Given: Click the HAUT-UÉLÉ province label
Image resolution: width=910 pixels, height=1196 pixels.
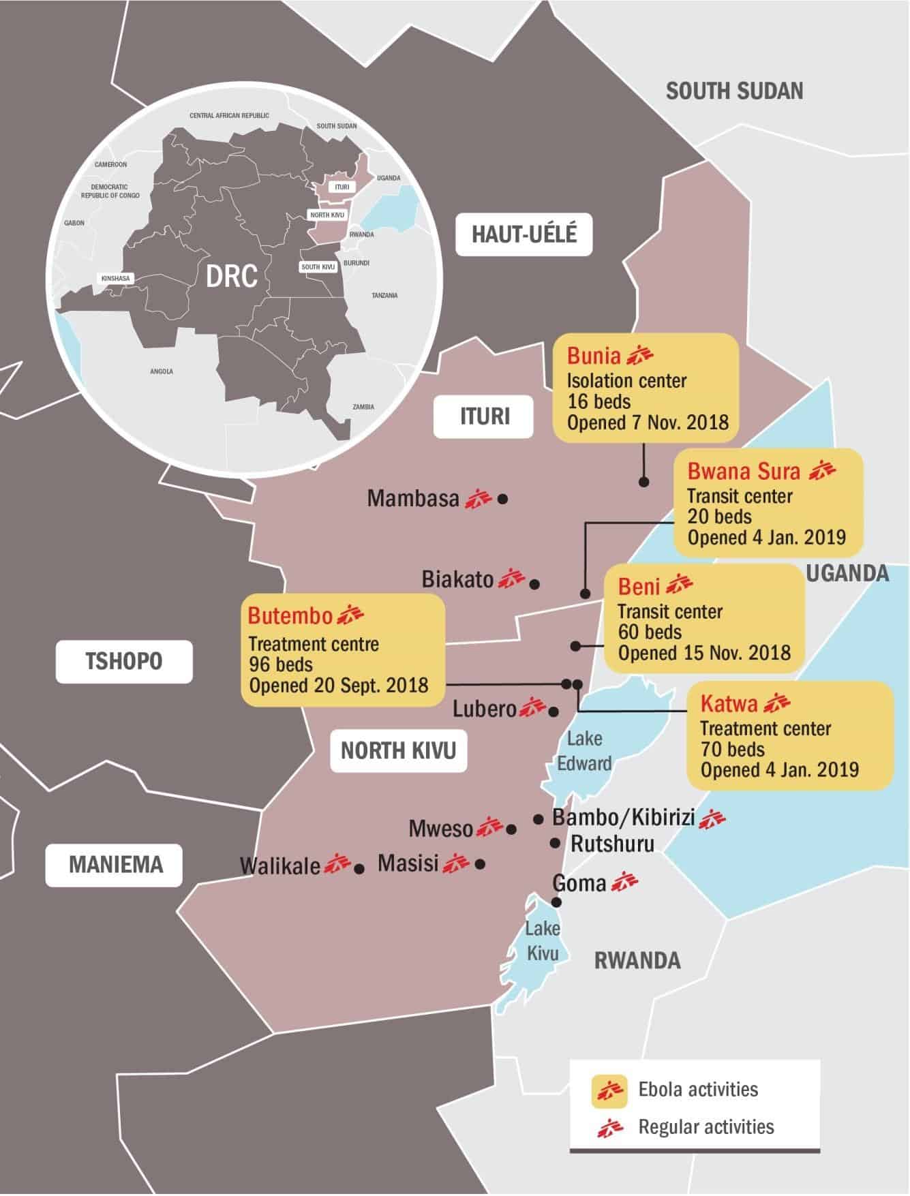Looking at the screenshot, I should click(x=524, y=234).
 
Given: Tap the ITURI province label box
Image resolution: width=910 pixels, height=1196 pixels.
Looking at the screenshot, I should click(x=485, y=416).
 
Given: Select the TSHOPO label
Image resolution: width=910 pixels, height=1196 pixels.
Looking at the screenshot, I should click(x=124, y=660).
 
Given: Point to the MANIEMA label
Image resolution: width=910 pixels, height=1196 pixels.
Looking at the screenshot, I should click(x=116, y=864).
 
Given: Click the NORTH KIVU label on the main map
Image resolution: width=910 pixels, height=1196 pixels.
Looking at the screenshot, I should click(x=398, y=750).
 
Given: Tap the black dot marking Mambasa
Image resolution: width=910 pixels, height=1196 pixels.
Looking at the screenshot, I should click(x=502, y=499).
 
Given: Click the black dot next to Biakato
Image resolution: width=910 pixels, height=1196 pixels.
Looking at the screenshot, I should click(x=534, y=584).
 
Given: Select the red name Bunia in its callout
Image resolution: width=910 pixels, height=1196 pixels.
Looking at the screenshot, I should click(x=594, y=356).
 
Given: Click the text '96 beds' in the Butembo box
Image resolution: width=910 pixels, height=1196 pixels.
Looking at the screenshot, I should click(x=281, y=664).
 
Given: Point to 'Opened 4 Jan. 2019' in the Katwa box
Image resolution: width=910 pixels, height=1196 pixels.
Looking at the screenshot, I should click(x=779, y=770).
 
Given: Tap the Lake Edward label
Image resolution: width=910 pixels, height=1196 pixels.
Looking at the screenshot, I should click(x=584, y=750).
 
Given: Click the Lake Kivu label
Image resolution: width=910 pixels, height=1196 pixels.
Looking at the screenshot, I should click(x=543, y=940).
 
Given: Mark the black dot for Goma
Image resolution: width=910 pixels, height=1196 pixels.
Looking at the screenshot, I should click(x=556, y=902).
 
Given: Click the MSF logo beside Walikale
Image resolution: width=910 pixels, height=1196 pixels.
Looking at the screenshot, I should click(x=337, y=864).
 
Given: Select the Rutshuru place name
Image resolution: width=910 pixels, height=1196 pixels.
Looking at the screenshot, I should click(x=612, y=844).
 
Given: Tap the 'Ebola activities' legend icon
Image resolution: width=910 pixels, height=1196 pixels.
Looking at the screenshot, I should click(x=609, y=1090).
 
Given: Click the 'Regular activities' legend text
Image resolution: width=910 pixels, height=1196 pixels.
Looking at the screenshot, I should click(x=706, y=1126).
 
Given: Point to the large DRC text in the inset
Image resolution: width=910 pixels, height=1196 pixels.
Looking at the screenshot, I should click(x=232, y=276).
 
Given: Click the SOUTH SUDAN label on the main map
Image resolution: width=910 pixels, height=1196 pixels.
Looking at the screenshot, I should click(x=734, y=91).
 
